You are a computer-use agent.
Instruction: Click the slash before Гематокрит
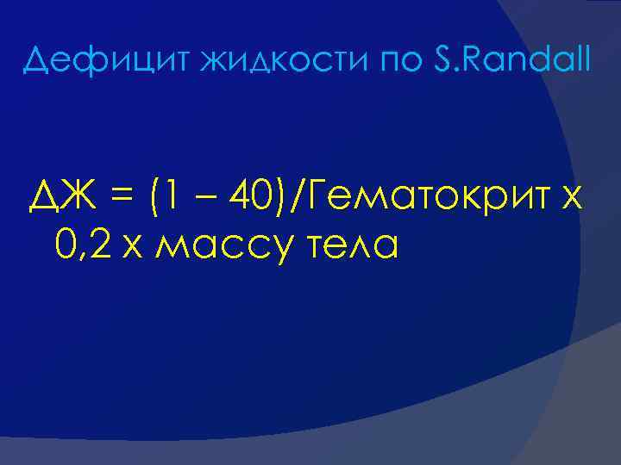298,202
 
